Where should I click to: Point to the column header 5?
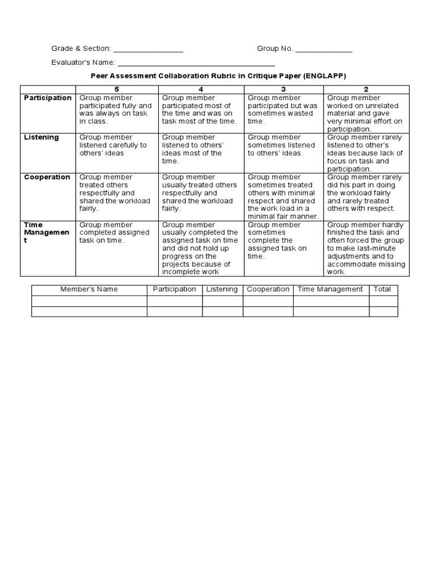[x=117, y=89]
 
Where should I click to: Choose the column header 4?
[x=201, y=89]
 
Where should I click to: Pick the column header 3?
[x=283, y=89]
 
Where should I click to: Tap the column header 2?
[x=366, y=89]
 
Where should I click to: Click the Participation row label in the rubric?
[x=48, y=98]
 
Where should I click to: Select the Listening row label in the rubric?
[x=41, y=137]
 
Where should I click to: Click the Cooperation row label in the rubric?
[x=47, y=177]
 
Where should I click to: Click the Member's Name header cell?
[x=89, y=289]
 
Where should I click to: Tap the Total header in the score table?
[x=382, y=289]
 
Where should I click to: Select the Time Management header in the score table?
[x=330, y=289]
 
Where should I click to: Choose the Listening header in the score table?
[x=222, y=289]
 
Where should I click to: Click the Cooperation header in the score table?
[x=268, y=289]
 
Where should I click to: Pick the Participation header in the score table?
[x=175, y=289]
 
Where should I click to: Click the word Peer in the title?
[x=100, y=76]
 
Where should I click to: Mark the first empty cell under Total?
[x=383, y=301]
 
